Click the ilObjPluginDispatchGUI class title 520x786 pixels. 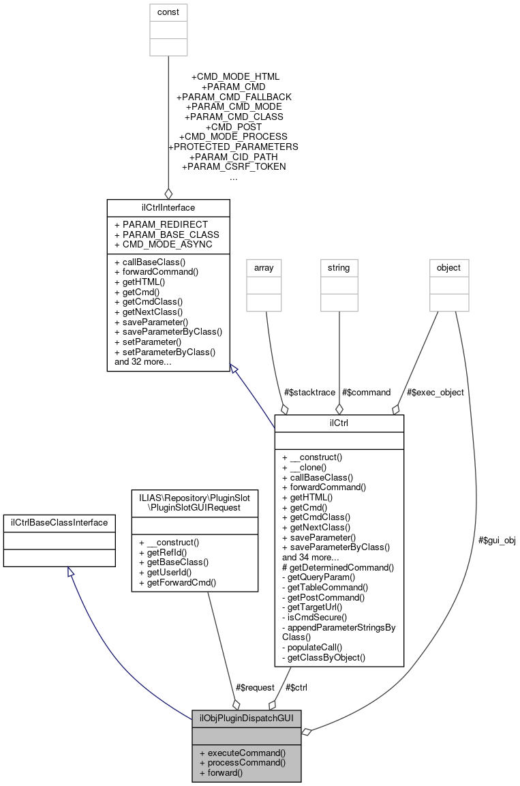tap(247, 718)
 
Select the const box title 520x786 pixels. tap(168, 12)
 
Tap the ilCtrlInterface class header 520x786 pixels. tap(168, 207)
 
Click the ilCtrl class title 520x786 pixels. tap(339, 423)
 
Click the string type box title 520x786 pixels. tap(339, 268)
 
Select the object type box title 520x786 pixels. tap(449, 268)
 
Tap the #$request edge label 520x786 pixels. tap(255, 687)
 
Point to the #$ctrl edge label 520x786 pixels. tap(296, 687)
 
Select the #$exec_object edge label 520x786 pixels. tap(435, 392)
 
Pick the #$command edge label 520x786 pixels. tap(367, 392)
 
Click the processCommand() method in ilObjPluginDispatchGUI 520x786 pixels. tap(242, 762)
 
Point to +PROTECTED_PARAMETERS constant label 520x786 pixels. tap(233, 147)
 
